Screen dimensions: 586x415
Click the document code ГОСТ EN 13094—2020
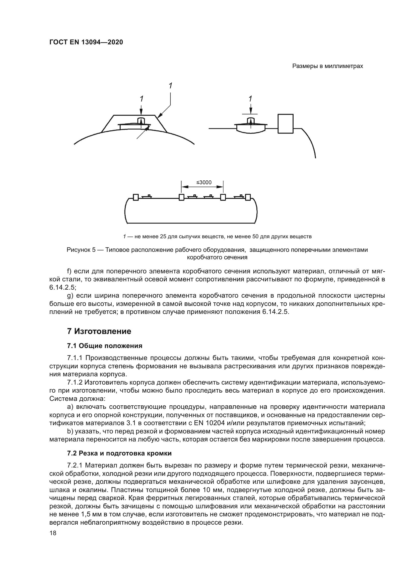tap(86, 42)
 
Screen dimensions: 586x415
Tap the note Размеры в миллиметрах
tap(328, 66)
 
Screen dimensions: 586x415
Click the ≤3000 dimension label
tap(204, 182)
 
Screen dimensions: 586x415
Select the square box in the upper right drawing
tap(286, 124)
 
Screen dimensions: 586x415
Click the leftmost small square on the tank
tap(136, 197)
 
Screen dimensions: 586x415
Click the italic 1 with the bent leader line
tap(170, 86)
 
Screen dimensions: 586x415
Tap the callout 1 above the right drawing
tap(250, 99)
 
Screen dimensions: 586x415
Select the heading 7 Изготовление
tap(99, 331)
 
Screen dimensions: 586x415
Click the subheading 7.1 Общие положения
tap(105, 346)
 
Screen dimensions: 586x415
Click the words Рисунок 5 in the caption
tap(81, 250)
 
